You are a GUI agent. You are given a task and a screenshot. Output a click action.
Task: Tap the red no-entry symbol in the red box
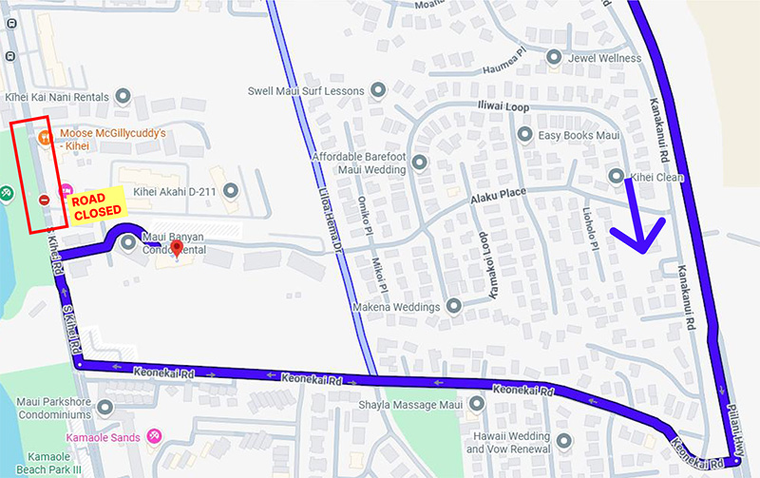tap(45, 200)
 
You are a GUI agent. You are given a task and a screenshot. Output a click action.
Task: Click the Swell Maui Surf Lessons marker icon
tap(378, 90)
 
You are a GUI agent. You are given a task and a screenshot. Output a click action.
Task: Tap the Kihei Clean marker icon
tap(617, 176)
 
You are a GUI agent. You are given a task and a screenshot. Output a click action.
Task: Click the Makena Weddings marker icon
tap(454, 307)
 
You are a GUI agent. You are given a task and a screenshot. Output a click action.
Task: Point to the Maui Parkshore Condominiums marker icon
tap(105, 407)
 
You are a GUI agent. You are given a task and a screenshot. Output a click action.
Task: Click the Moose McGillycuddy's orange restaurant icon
tap(45, 136)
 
